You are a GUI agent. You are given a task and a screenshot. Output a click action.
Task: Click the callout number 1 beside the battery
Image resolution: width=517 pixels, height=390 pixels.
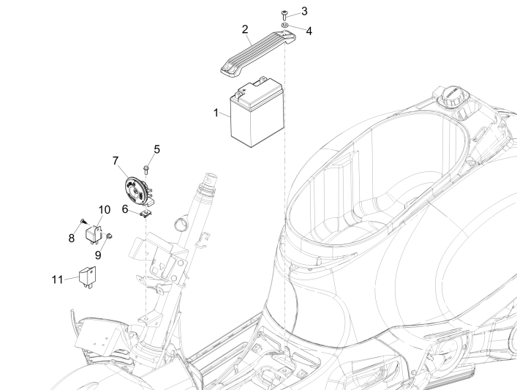[216, 113]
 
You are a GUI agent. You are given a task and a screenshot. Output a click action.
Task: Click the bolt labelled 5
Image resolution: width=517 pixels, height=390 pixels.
[146, 169]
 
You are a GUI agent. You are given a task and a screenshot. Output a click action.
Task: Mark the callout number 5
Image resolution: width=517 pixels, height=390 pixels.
[156, 149]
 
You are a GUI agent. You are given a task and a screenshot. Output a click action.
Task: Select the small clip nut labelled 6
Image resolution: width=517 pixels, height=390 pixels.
[147, 213]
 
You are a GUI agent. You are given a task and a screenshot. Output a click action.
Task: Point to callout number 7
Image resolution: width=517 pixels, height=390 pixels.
[115, 160]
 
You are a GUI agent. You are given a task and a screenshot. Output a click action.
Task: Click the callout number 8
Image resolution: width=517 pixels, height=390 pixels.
[71, 238]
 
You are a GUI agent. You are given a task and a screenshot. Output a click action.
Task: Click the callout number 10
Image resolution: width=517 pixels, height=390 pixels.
[105, 209]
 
